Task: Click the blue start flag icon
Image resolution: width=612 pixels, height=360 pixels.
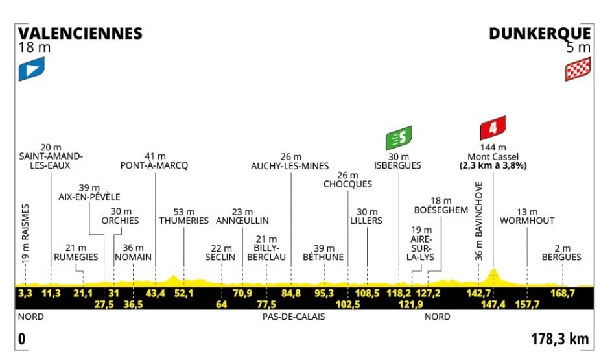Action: pyautogui.click(x=31, y=69)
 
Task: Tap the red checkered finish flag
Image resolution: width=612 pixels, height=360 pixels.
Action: pyautogui.click(x=578, y=69)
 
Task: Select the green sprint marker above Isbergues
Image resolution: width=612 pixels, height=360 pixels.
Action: pyautogui.click(x=399, y=138)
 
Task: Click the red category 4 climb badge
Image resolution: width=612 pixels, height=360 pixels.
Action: pyautogui.click(x=493, y=128)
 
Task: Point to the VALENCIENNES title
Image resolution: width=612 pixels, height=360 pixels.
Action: pyautogui.click(x=80, y=33)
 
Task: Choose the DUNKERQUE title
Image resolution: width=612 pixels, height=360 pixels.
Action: pyautogui.click(x=540, y=33)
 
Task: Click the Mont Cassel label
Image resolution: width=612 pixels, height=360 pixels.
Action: pyautogui.click(x=493, y=156)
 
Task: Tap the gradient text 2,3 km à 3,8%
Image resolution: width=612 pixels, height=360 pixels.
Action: pyautogui.click(x=493, y=165)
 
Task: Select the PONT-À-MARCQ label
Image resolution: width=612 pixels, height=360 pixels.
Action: pyautogui.click(x=154, y=165)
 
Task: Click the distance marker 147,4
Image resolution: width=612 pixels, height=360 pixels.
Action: pyautogui.click(x=494, y=304)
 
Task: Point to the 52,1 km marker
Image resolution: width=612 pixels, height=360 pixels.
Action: pyautogui.click(x=184, y=293)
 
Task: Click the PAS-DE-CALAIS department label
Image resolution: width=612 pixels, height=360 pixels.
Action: pyautogui.click(x=294, y=317)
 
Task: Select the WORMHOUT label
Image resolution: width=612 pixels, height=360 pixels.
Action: pyautogui.click(x=527, y=221)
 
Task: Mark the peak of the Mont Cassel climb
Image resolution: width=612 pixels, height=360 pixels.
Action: pyautogui.click(x=494, y=268)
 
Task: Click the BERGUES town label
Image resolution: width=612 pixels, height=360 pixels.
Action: pyautogui.click(x=562, y=257)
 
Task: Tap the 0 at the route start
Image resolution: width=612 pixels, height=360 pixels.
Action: pyautogui.click(x=21, y=339)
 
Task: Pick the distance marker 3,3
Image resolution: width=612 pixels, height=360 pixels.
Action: pyautogui.click(x=25, y=293)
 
